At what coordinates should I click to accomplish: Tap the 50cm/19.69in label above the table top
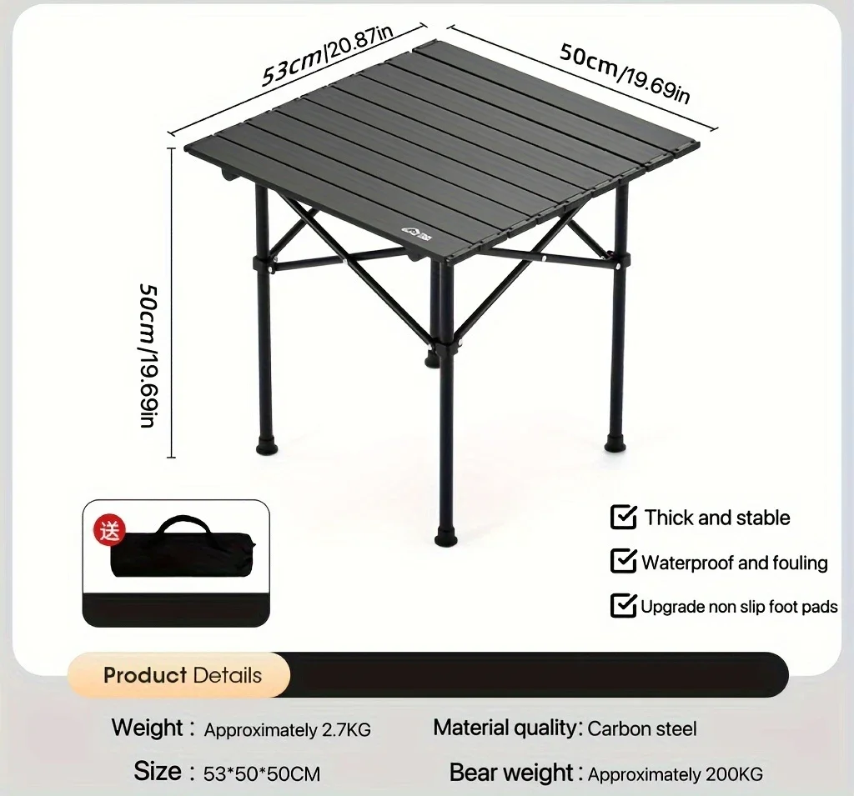click(624, 74)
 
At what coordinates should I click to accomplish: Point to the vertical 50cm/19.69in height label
click(148, 353)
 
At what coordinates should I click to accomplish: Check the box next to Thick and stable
click(624, 517)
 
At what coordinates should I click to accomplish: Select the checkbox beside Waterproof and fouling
click(624, 561)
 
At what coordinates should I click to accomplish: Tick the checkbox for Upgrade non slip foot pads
click(624, 605)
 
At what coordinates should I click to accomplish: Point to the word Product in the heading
click(145, 675)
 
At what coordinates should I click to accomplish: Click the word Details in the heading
click(227, 675)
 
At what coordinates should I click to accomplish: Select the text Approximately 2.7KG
click(287, 730)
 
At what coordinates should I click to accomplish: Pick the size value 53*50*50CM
click(261, 773)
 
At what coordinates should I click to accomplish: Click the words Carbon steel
click(641, 728)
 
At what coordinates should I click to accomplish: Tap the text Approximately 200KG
click(675, 774)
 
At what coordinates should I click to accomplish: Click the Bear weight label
click(510, 773)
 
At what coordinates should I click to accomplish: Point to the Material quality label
click(505, 728)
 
